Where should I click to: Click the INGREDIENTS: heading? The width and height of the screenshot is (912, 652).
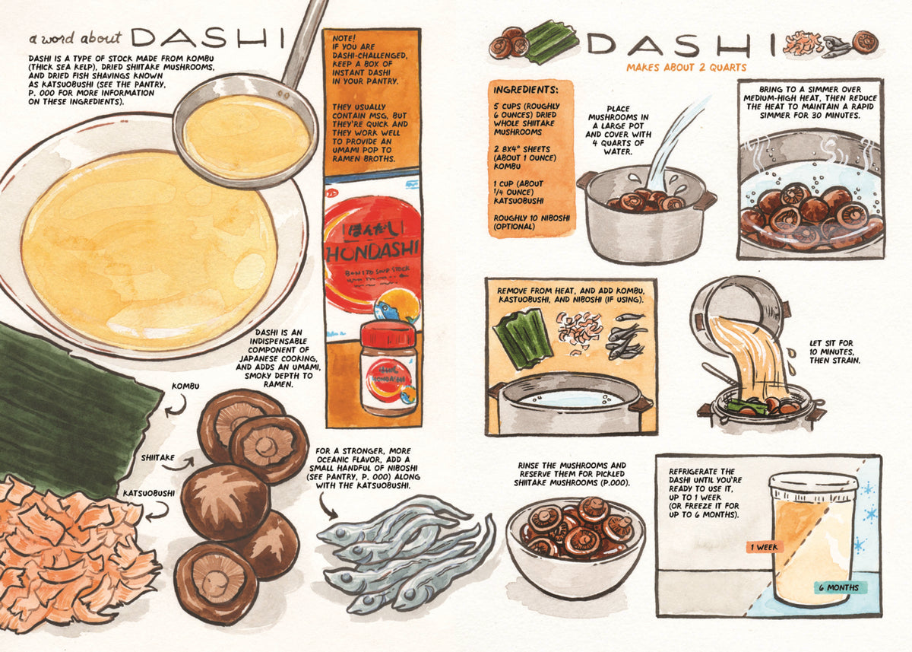(x=525, y=88)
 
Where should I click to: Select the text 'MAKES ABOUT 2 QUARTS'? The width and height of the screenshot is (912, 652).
(x=686, y=67)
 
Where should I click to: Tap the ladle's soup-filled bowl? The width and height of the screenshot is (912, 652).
(x=246, y=137)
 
